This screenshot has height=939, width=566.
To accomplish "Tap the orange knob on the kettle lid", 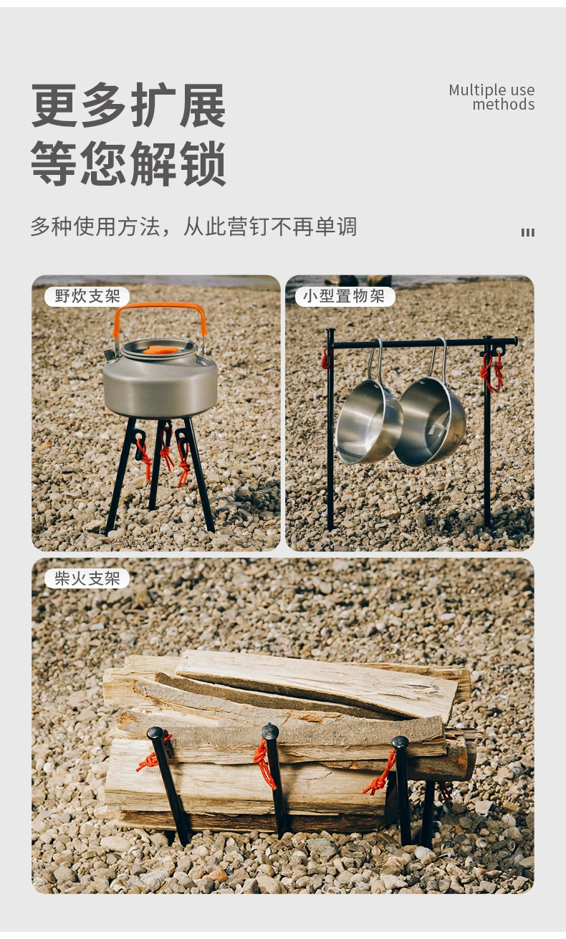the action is [160, 349].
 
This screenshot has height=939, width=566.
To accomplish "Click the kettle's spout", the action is [110, 356].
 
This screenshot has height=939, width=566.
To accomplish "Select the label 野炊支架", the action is [87, 296].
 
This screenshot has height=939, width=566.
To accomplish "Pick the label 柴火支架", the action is [87, 578].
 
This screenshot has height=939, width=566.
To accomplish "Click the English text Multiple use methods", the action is [491, 97].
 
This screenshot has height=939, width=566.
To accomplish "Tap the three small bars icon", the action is [527, 233].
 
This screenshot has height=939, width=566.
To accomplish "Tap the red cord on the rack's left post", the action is [325, 359].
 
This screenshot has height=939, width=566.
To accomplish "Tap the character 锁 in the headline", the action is [203, 163].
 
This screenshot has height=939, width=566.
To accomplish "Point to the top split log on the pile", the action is [316, 684].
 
